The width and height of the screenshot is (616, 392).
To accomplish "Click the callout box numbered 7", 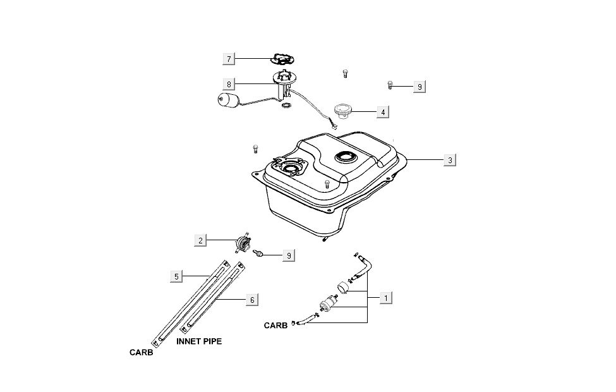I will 229,59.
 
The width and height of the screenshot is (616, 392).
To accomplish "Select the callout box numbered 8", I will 229,84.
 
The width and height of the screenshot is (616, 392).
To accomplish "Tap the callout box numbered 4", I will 382,113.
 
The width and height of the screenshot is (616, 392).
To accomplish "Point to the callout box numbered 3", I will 449,161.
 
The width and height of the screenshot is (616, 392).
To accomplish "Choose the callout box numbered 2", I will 200,240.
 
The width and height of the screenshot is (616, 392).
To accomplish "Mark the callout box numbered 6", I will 251,300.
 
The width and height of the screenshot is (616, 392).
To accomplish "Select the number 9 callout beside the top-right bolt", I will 418,87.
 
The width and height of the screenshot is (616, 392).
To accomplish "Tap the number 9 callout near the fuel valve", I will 288,255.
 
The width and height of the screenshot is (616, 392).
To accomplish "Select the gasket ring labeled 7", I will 279,59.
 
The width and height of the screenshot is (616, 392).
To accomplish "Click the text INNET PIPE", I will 198,340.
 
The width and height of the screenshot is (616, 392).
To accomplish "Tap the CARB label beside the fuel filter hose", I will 275,326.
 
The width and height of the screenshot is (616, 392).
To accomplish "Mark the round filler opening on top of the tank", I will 347,157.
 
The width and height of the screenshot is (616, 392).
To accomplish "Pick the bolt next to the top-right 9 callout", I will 390,84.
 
